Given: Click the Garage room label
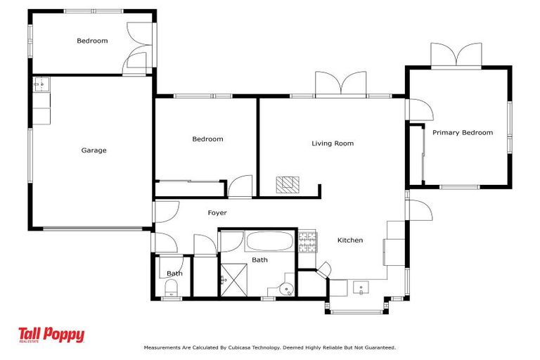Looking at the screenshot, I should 94,150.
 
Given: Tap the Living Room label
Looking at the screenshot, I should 333,143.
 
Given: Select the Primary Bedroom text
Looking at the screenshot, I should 462,132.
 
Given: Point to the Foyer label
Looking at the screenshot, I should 217,212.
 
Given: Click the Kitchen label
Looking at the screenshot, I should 350,240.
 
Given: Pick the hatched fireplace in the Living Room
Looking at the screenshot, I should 287,184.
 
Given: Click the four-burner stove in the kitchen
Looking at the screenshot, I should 308,243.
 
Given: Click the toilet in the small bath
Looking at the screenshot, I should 171,288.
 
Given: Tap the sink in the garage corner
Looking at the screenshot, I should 40,85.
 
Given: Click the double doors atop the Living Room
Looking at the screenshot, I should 341,83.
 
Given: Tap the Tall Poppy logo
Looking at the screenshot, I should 51,335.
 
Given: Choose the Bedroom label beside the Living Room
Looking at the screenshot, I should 207,139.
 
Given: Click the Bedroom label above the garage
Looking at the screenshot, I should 92,41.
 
